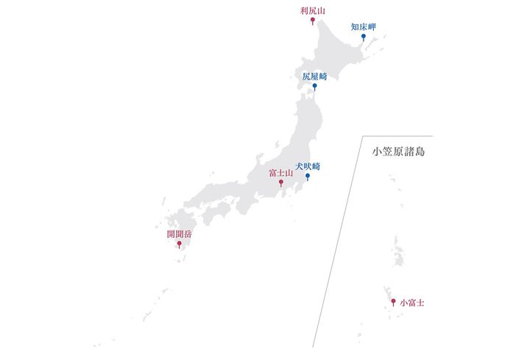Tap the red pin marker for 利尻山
point(313,21)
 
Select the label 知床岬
point(364,27)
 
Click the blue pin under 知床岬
point(364,37)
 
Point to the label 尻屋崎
point(314,76)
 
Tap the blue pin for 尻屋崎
point(315,87)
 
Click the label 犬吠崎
point(307,166)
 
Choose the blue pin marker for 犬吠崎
point(307,177)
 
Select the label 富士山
point(281,172)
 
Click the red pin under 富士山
point(281,183)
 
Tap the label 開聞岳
point(179,234)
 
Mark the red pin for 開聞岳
point(179,244)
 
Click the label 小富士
point(412,302)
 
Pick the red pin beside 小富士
point(393,302)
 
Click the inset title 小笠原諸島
point(399,152)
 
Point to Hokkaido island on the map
point(331,55)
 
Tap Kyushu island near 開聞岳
point(180,225)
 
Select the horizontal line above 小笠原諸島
point(397,136)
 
